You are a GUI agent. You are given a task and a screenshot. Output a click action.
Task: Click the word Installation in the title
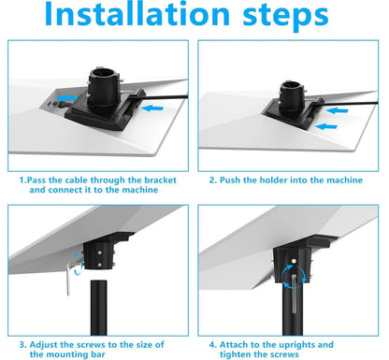[137, 14]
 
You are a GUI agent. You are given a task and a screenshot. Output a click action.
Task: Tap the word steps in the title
[286, 16]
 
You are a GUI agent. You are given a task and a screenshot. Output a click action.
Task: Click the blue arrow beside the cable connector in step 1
[67, 98]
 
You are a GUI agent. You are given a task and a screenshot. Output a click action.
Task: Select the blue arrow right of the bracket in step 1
[152, 108]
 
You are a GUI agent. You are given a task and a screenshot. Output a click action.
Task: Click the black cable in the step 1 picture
[162, 97]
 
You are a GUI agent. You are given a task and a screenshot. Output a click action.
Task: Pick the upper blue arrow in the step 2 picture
[337, 110]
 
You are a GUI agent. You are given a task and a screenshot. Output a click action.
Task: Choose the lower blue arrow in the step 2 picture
[326, 126]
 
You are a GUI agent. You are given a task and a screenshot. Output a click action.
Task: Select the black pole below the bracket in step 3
[99, 308]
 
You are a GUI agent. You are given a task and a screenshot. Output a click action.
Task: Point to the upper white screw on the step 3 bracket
[99, 252]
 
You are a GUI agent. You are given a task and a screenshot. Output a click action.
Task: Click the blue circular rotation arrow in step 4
[294, 277]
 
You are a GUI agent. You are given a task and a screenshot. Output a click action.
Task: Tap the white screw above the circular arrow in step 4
[294, 261]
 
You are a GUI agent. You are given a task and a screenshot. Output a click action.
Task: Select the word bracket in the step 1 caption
[160, 180]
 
